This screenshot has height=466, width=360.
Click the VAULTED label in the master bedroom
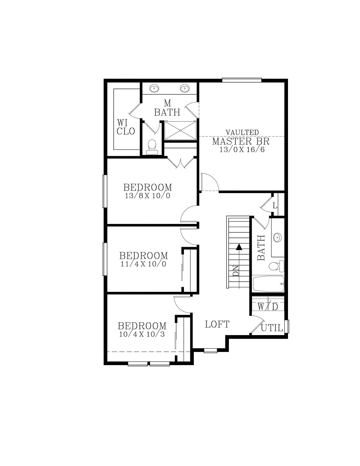242,132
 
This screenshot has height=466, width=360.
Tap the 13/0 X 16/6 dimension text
242,150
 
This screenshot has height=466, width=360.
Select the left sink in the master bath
154,88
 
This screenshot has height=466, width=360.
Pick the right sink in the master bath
184,88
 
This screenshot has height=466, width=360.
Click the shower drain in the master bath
180,130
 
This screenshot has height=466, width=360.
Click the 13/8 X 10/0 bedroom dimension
147,195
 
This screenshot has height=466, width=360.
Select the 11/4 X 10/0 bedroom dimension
143,264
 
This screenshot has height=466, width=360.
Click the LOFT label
217,324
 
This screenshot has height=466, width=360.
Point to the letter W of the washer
260,307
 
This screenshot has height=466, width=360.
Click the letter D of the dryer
275,307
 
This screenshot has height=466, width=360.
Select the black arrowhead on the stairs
239,247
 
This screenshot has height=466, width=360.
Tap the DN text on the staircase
235,271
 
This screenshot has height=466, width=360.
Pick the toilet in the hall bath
276,266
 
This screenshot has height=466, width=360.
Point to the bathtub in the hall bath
268,284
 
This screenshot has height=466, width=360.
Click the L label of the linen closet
275,206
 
